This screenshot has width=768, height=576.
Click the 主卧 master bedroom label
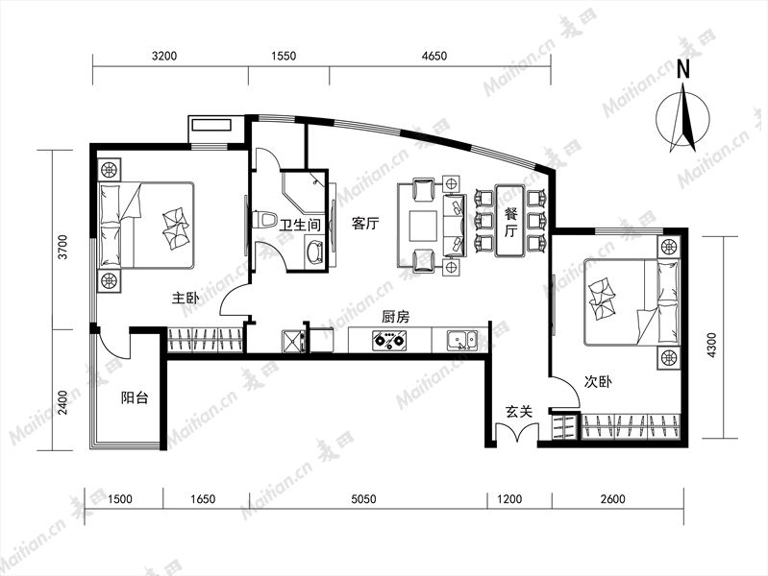tap(186, 298)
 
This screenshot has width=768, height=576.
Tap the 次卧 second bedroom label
tap(598, 382)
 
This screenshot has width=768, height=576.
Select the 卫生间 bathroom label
tap(300, 225)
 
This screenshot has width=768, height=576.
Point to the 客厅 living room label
tap(365, 224)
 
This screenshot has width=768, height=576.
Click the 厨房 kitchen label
tap(395, 317)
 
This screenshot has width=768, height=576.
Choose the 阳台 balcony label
tap(135, 397)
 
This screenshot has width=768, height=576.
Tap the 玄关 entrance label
tap(519, 412)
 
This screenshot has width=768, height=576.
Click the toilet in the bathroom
tap(264, 219)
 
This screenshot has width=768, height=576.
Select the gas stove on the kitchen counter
tap(389, 340)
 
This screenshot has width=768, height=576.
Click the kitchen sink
tap(461, 340)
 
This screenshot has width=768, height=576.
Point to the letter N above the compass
tap(682, 69)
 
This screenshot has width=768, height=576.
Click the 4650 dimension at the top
tap(434, 56)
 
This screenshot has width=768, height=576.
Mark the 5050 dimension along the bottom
tap(364, 499)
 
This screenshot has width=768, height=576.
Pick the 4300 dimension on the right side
tap(711, 345)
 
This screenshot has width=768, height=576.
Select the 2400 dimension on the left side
tap(62, 402)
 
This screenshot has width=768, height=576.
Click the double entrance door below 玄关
tap(517, 433)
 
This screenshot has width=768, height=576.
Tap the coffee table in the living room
tap(423, 226)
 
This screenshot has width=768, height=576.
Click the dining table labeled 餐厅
tap(509, 220)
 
